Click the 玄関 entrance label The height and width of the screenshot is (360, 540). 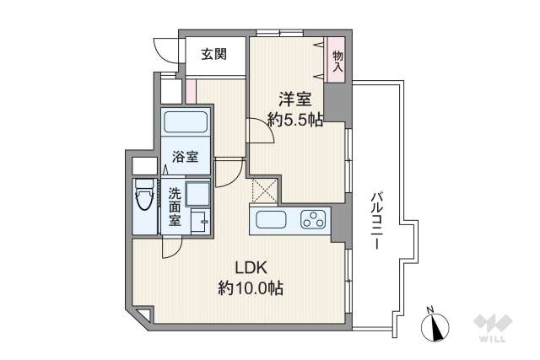pyautogui.click(x=213, y=56)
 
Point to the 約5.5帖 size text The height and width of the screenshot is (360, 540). pyautogui.click(x=294, y=120)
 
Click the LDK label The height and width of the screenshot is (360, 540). pyautogui.click(x=251, y=268)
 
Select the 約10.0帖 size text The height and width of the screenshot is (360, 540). pyautogui.click(x=251, y=288)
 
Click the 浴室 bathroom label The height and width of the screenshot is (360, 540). pyautogui.click(x=186, y=156)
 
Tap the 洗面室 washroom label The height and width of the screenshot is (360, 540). pyautogui.click(x=173, y=207)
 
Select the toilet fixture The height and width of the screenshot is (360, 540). pyautogui.click(x=143, y=201)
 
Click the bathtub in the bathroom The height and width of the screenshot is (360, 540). pyautogui.click(x=186, y=122)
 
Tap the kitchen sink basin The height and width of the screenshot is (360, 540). pyautogui.click(x=272, y=221)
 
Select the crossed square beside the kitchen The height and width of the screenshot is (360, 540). pyautogui.click(x=265, y=191)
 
